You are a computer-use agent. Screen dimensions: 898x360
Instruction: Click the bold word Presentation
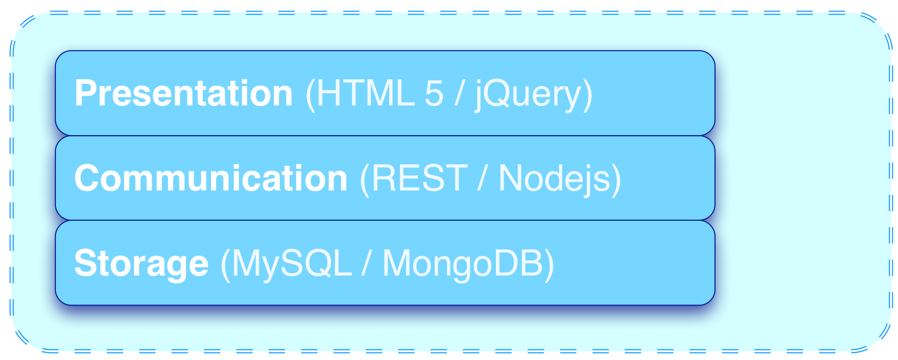[x=183, y=93]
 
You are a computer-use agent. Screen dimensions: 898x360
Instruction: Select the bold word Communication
[x=210, y=178]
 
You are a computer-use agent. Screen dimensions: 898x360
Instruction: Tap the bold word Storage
[x=141, y=263]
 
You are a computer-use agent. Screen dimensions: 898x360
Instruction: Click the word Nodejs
[x=554, y=178]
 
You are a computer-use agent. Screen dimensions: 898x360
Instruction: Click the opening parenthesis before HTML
[x=310, y=94]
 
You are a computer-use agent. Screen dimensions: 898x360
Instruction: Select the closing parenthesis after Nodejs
[x=616, y=179]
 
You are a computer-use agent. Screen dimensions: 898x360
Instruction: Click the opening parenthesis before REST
[x=365, y=179]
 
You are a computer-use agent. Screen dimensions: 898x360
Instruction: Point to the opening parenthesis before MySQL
[x=226, y=264]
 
